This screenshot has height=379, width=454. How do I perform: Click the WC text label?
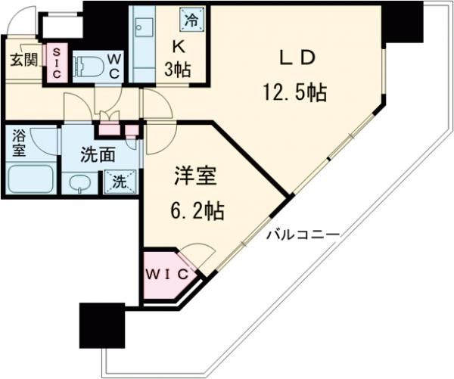point(113,64)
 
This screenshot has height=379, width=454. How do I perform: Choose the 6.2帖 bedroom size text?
point(196,211)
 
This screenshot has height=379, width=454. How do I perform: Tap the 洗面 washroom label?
point(98,155)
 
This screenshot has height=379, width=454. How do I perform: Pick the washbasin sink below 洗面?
point(79,182)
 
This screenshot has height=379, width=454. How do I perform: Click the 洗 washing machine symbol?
point(120,181)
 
